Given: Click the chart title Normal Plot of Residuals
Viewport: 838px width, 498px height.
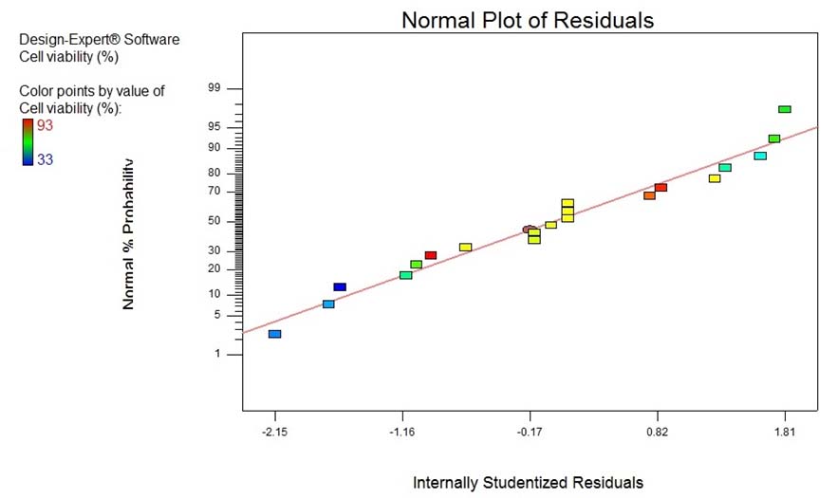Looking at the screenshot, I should pos(528,20).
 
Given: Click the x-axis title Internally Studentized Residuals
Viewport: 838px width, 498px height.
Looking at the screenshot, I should pos(528,483).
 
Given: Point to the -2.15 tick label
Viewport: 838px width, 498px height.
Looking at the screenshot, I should pos(275,433).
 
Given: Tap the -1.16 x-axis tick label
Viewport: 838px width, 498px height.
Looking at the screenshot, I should pos(402,433).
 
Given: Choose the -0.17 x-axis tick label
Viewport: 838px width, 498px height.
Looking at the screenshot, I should pos(530,433).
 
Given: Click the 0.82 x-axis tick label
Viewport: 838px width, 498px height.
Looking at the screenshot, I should pos(657,433).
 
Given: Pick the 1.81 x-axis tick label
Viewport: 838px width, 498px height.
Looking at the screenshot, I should pos(784,433).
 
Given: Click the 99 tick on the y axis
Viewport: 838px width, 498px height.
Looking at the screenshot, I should pos(214,88).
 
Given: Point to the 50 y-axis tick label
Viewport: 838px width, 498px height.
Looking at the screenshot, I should pos(214,221).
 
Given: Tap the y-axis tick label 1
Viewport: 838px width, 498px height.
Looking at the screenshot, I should pos(216,355).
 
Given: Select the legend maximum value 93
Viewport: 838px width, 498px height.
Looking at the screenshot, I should pos(46,124).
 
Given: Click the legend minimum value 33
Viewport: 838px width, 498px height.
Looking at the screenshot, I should pos(46,159).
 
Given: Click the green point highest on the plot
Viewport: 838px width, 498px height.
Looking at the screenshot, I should pos(785,110).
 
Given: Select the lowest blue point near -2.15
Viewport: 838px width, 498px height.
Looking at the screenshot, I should pos(274,334).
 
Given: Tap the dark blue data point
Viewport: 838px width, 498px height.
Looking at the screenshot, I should pos(340,286).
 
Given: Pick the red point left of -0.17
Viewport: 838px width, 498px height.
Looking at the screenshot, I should pos(430,255).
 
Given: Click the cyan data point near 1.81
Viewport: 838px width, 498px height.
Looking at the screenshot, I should pos(760,156).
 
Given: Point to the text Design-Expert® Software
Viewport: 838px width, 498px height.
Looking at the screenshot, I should pos(100,40).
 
